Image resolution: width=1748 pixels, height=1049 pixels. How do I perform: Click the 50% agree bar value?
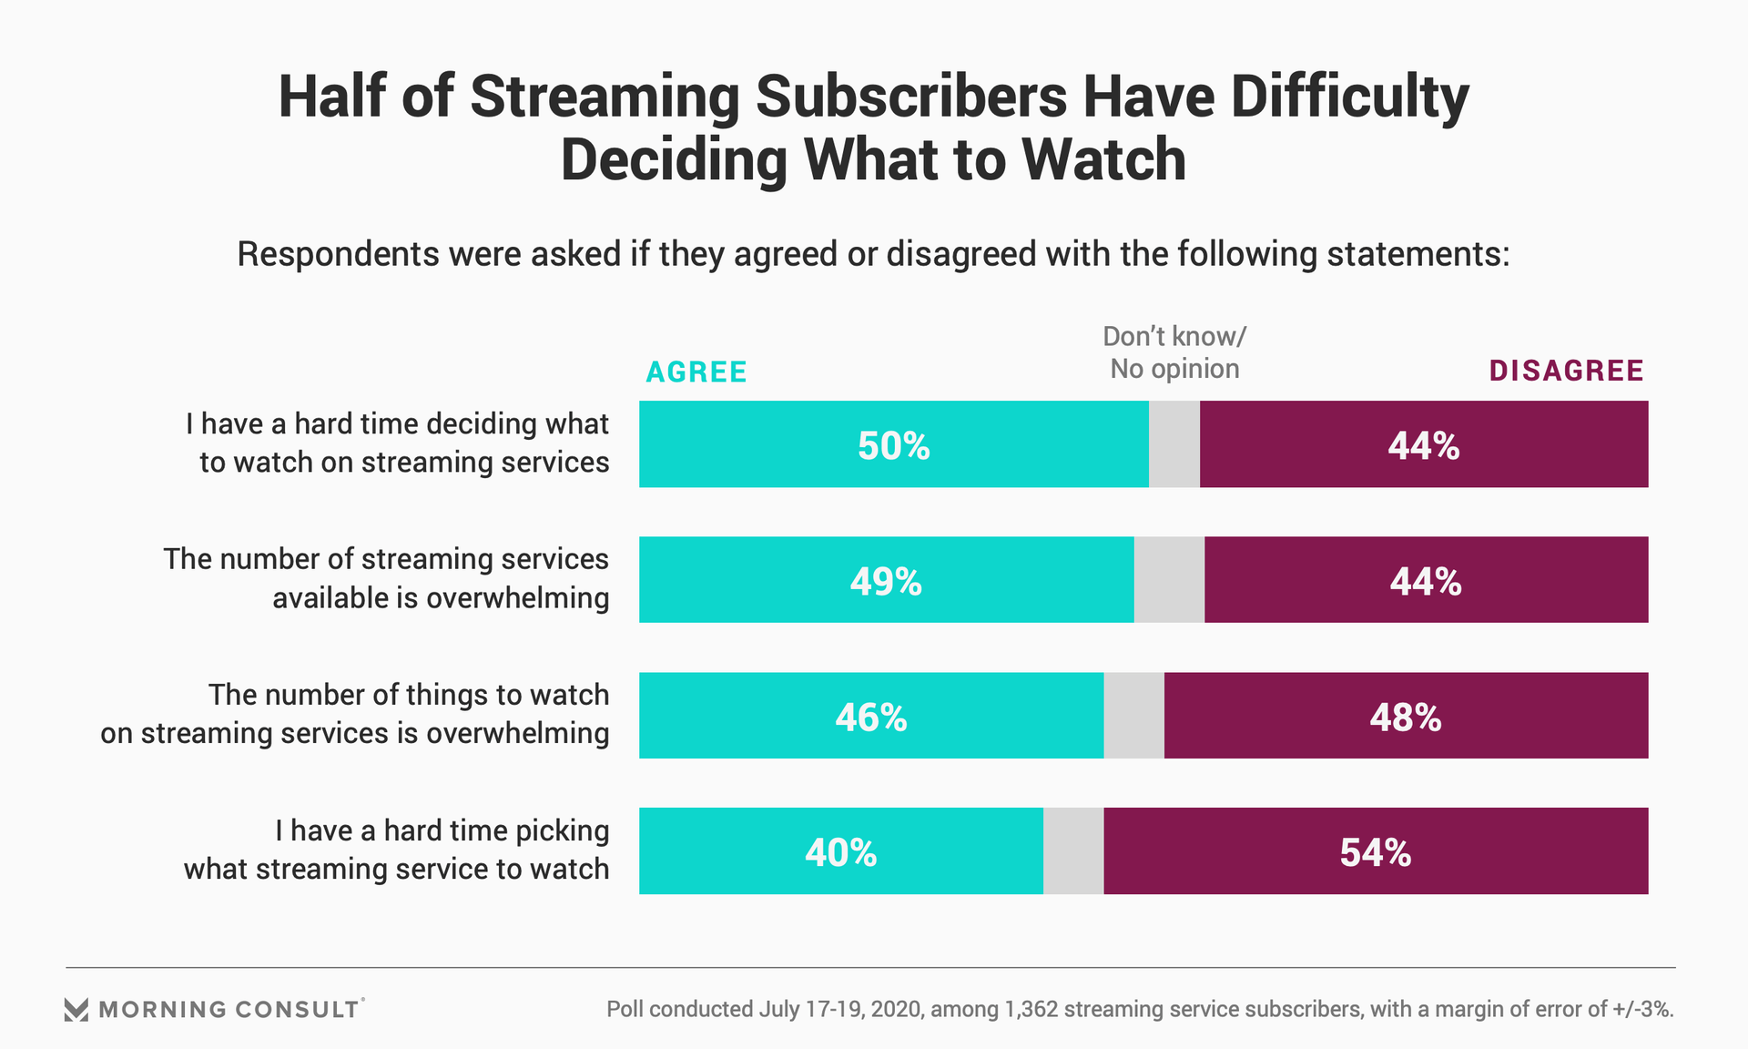click(893, 446)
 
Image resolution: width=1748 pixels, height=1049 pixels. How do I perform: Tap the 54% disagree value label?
click(1375, 853)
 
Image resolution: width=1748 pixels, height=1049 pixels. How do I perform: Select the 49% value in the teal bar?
click(886, 582)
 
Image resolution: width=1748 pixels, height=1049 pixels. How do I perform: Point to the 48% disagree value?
click(1405, 718)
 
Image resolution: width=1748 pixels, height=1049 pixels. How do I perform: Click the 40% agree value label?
click(840, 853)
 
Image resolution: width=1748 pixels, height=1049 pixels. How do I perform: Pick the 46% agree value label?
click(870, 718)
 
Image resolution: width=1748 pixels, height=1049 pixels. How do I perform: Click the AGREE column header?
click(696, 372)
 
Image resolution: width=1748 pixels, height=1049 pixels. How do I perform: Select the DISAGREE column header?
click(1566, 371)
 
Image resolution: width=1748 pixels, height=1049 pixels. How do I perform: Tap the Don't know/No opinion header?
click(1174, 352)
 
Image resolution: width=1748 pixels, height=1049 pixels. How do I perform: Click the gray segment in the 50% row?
click(1174, 444)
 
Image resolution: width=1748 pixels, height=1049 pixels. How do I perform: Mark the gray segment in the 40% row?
click(1073, 851)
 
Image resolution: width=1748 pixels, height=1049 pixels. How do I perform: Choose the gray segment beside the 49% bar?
click(1169, 580)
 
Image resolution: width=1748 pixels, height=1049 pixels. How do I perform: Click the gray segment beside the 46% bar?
click(1133, 716)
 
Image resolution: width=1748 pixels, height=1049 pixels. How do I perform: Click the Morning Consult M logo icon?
click(76, 1010)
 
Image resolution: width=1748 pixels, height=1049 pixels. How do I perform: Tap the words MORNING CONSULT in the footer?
click(229, 1010)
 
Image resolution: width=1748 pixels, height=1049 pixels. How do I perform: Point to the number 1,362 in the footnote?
click(1031, 1009)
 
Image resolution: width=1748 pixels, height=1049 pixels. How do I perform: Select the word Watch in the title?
click(1103, 160)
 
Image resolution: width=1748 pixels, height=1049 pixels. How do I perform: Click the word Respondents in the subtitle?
click(337, 254)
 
